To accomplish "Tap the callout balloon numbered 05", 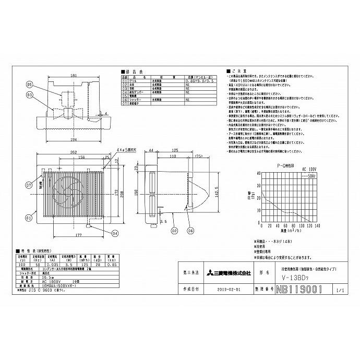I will click(x=30, y=85).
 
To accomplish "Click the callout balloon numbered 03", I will click(x=30, y=94).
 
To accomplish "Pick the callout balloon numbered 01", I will click(x=29, y=216).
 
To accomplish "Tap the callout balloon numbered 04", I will click(x=114, y=233).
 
